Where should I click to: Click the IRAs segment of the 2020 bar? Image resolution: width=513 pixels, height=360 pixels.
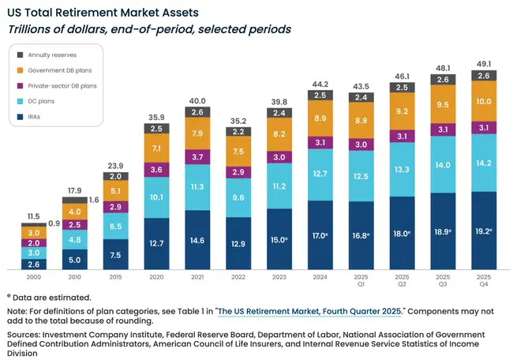click(x=157, y=244)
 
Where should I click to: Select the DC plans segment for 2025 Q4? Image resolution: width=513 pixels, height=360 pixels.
click(x=484, y=163)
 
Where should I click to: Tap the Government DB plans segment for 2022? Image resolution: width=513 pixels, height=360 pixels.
click(x=238, y=152)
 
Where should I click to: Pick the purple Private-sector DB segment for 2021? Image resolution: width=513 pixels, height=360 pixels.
click(x=197, y=157)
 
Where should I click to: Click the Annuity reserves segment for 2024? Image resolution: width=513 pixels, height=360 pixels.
click(x=320, y=96)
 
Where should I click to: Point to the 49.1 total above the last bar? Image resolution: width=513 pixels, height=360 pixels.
click(x=484, y=64)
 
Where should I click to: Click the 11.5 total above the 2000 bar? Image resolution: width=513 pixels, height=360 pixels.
click(x=34, y=216)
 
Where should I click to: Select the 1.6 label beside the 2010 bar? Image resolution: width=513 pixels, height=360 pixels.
click(x=94, y=200)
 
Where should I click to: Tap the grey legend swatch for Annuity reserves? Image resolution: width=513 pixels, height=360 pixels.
click(x=21, y=55)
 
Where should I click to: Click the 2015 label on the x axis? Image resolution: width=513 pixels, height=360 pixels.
click(x=115, y=277)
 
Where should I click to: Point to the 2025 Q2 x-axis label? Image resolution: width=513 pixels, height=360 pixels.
click(x=402, y=280)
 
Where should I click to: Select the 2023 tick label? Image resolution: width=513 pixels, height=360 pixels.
click(x=279, y=277)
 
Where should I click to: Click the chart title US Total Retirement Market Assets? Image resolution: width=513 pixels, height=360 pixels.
click(x=103, y=13)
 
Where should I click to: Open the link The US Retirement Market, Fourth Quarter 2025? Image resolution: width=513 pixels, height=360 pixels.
click(x=309, y=311)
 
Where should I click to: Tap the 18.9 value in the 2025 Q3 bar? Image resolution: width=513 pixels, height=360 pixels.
click(x=443, y=231)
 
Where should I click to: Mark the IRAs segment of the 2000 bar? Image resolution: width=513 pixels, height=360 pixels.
click(x=34, y=264)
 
